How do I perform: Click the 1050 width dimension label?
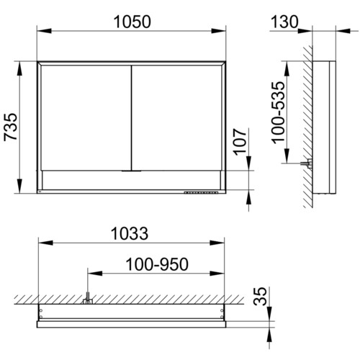132,22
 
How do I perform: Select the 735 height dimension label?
11,127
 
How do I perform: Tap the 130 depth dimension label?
284,22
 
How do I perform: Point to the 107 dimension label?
240,142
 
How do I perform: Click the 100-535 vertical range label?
279,113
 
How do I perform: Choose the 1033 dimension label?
130,233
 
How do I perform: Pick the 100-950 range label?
157,264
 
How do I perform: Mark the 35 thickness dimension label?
260,297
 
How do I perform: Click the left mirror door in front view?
86,118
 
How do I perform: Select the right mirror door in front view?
177,118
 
